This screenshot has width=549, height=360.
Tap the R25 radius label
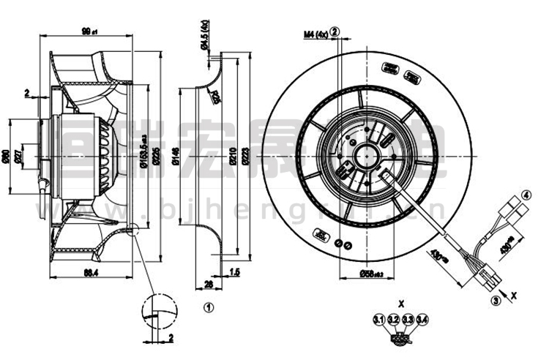[216, 94]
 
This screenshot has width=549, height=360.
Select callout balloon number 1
[208, 308]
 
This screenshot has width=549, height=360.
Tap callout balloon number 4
[525, 195]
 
